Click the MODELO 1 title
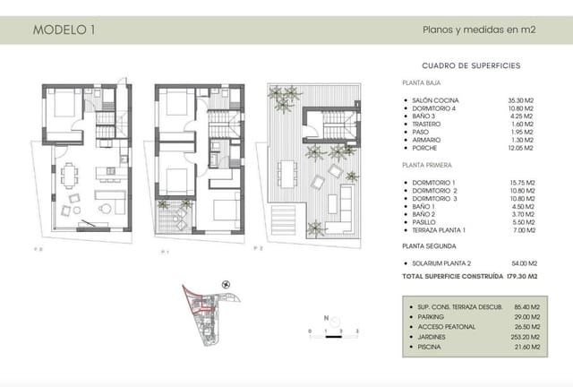click(x=64, y=30)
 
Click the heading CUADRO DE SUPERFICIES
click(x=470, y=66)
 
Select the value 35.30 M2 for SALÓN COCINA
click(x=520, y=100)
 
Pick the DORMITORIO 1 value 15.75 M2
click(x=520, y=183)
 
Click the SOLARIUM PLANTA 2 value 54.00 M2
click(x=520, y=263)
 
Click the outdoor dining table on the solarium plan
click(x=287, y=169)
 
